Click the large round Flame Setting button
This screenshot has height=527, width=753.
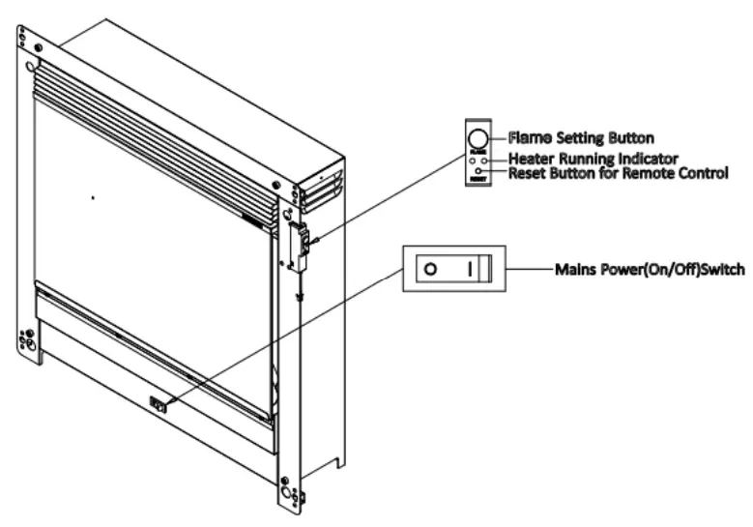click(478, 136)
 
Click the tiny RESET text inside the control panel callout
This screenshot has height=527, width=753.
click(478, 180)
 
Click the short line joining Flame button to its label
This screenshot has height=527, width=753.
click(499, 136)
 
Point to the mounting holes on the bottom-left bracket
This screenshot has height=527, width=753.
click(27, 341)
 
